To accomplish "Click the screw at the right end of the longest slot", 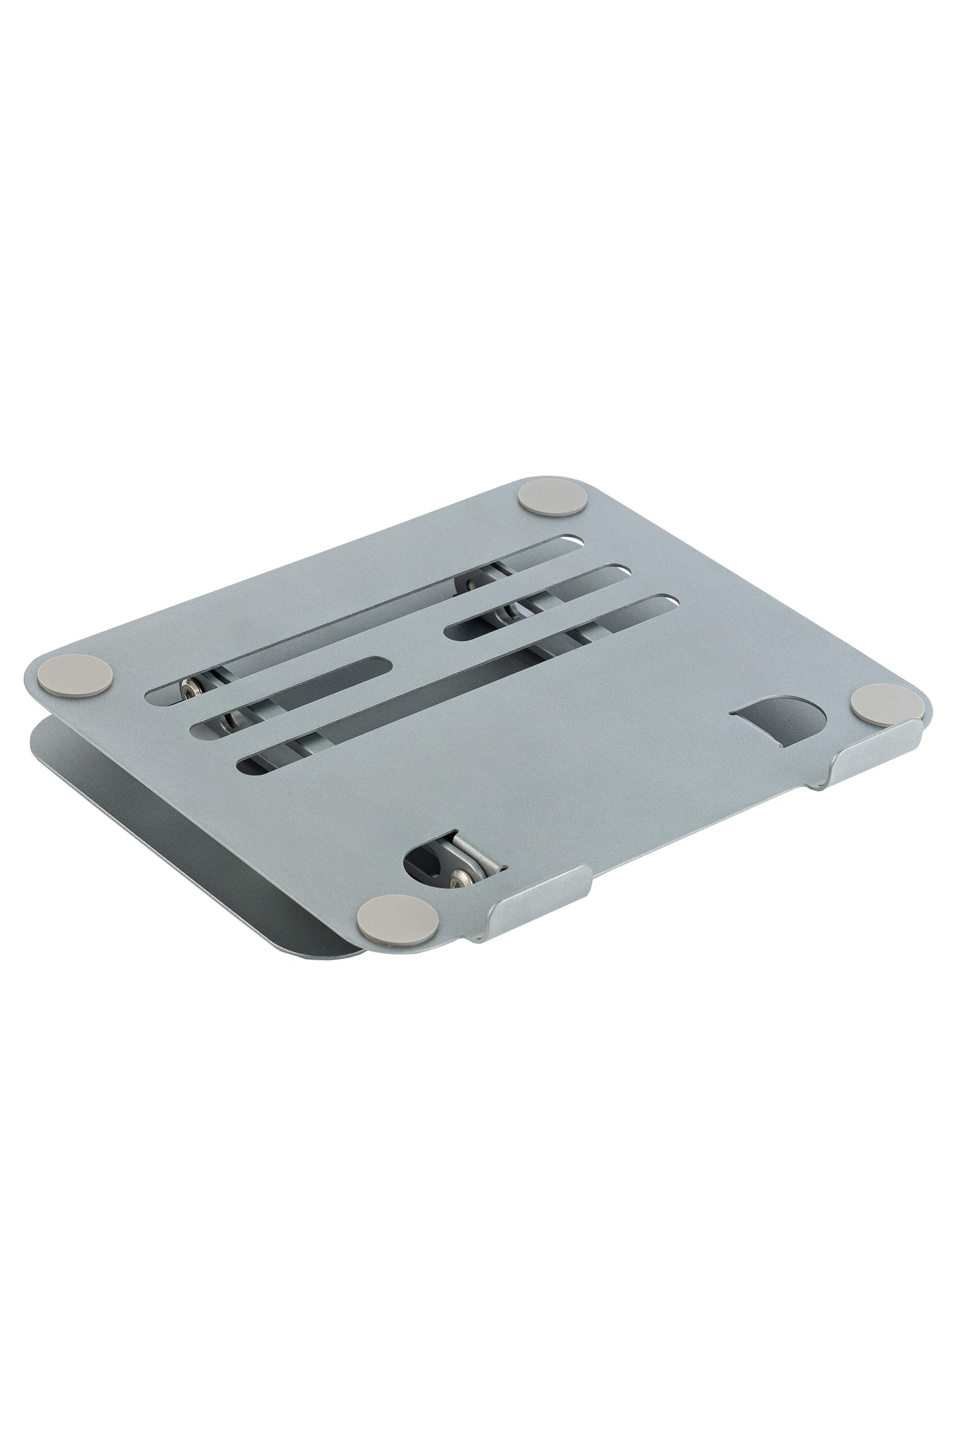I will point(473,566).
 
